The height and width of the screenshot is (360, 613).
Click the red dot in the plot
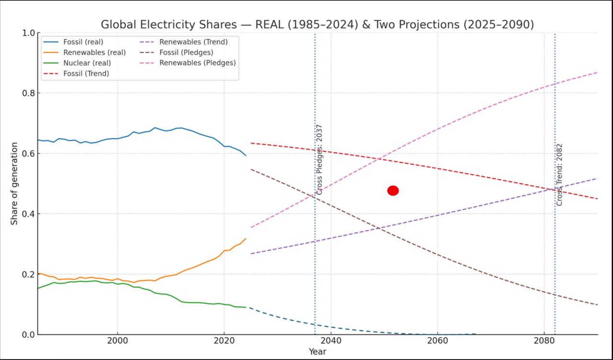(x=393, y=191)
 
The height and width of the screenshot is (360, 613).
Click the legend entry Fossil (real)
(x=83, y=42)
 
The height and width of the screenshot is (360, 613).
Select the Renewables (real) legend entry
(x=94, y=53)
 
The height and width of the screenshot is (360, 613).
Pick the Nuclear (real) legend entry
(x=87, y=63)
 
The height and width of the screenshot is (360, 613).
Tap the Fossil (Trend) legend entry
(x=86, y=74)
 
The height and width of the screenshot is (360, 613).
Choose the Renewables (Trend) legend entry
(x=193, y=42)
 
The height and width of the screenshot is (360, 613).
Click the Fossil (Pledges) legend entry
(x=186, y=53)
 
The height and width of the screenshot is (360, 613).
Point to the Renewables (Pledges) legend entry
(x=197, y=63)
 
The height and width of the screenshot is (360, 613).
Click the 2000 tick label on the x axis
(x=117, y=340)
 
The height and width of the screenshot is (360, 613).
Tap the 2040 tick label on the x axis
(x=330, y=340)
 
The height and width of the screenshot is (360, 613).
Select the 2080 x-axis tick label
(x=544, y=340)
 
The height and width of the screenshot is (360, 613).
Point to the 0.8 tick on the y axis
(x=28, y=93)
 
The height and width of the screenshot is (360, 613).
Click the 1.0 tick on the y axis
(x=28, y=33)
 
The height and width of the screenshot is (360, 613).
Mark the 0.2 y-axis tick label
(x=28, y=274)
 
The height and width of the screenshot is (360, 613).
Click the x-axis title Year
(x=318, y=351)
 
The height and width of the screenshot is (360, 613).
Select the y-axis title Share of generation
(x=14, y=183)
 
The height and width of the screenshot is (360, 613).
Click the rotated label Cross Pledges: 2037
(x=319, y=159)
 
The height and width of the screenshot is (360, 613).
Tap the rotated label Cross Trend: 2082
(x=559, y=174)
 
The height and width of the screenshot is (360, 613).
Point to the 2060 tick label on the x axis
(x=437, y=340)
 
